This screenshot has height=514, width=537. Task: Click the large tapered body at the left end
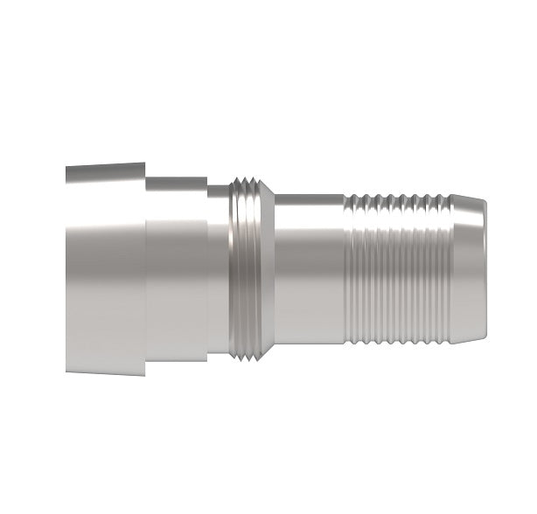(105, 271)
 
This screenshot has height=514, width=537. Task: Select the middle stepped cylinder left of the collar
(175, 271)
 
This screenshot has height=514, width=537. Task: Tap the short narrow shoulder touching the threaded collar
(219, 271)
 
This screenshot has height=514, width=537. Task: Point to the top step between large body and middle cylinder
(145, 170)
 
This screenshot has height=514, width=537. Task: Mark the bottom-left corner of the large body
(67, 371)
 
